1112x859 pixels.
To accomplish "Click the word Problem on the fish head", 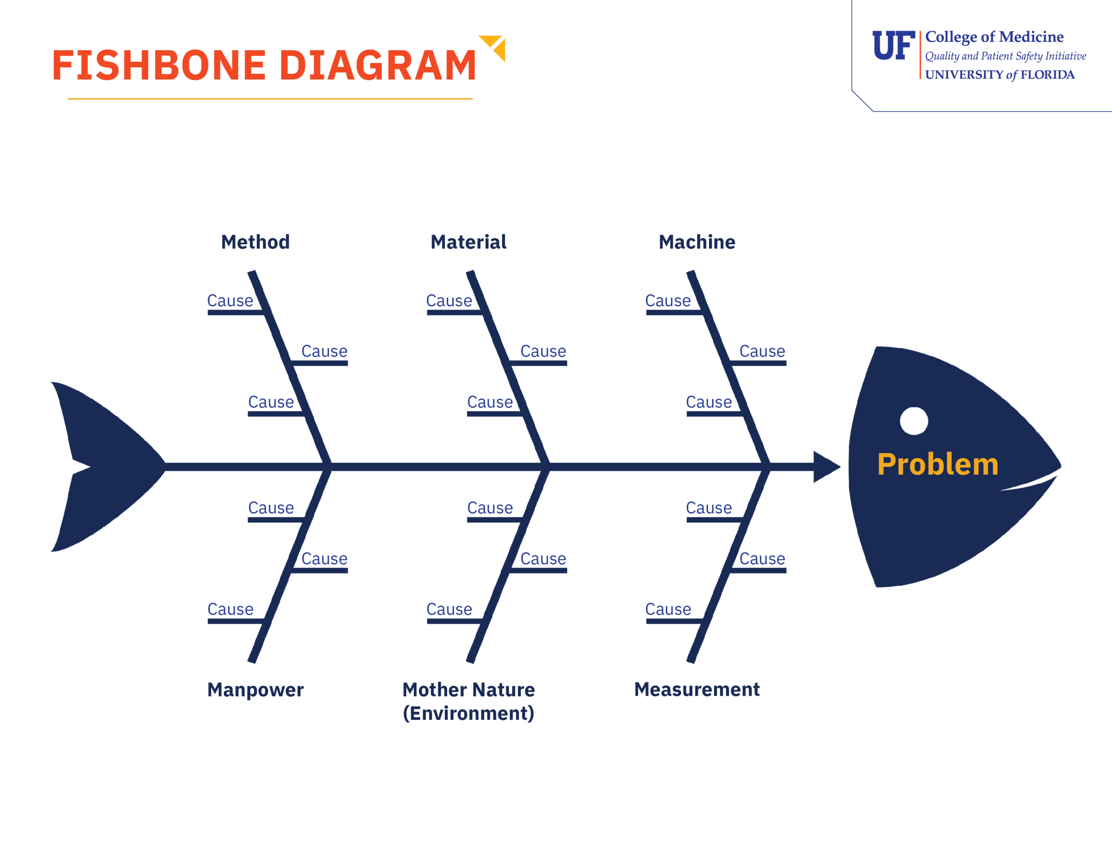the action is tap(937, 464).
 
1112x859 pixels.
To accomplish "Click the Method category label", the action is tap(255, 242).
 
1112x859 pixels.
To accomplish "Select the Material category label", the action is tap(468, 242).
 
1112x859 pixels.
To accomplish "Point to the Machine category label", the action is tap(697, 242).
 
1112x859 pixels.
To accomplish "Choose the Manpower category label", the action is tap(255, 690).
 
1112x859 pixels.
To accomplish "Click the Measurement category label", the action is tap(697, 690).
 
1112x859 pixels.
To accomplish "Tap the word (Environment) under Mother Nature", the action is tap(468, 714).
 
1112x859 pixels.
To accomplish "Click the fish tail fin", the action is tap(102, 467).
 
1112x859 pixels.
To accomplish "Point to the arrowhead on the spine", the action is tap(826, 467).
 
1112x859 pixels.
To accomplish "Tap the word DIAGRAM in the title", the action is tap(378, 65).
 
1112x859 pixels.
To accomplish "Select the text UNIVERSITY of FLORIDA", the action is tap(1000, 75).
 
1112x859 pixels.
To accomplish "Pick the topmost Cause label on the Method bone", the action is tap(230, 301).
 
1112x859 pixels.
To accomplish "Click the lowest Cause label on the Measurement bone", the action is tap(668, 609).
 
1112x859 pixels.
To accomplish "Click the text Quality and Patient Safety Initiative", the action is tap(1006, 56).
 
